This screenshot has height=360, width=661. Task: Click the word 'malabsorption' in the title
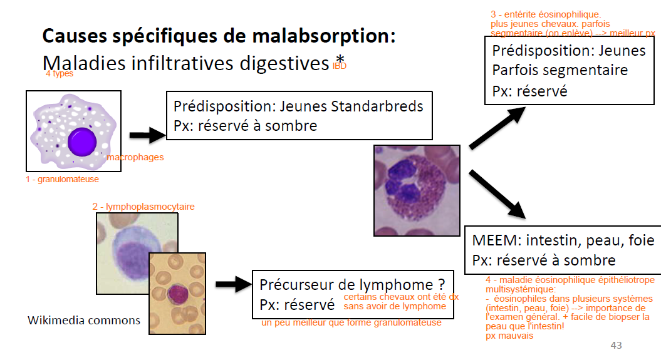[x=325, y=36]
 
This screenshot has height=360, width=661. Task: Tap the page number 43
[x=616, y=346]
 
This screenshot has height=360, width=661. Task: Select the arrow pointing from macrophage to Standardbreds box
[x=147, y=135]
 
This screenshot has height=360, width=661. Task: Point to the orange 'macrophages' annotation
[x=135, y=157]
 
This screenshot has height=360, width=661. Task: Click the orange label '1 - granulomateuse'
[x=62, y=179]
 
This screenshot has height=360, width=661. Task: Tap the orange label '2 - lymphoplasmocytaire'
[x=143, y=206]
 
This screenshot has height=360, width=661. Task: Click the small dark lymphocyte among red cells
[x=177, y=294]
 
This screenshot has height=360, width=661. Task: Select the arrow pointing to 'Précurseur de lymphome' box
[x=232, y=285]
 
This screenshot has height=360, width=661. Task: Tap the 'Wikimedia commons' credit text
[x=84, y=320]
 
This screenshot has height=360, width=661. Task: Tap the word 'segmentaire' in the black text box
[x=585, y=70]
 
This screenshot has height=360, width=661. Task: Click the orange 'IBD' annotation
[x=339, y=65]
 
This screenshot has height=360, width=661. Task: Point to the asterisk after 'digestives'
[x=339, y=58]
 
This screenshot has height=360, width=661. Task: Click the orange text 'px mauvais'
[x=509, y=336]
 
